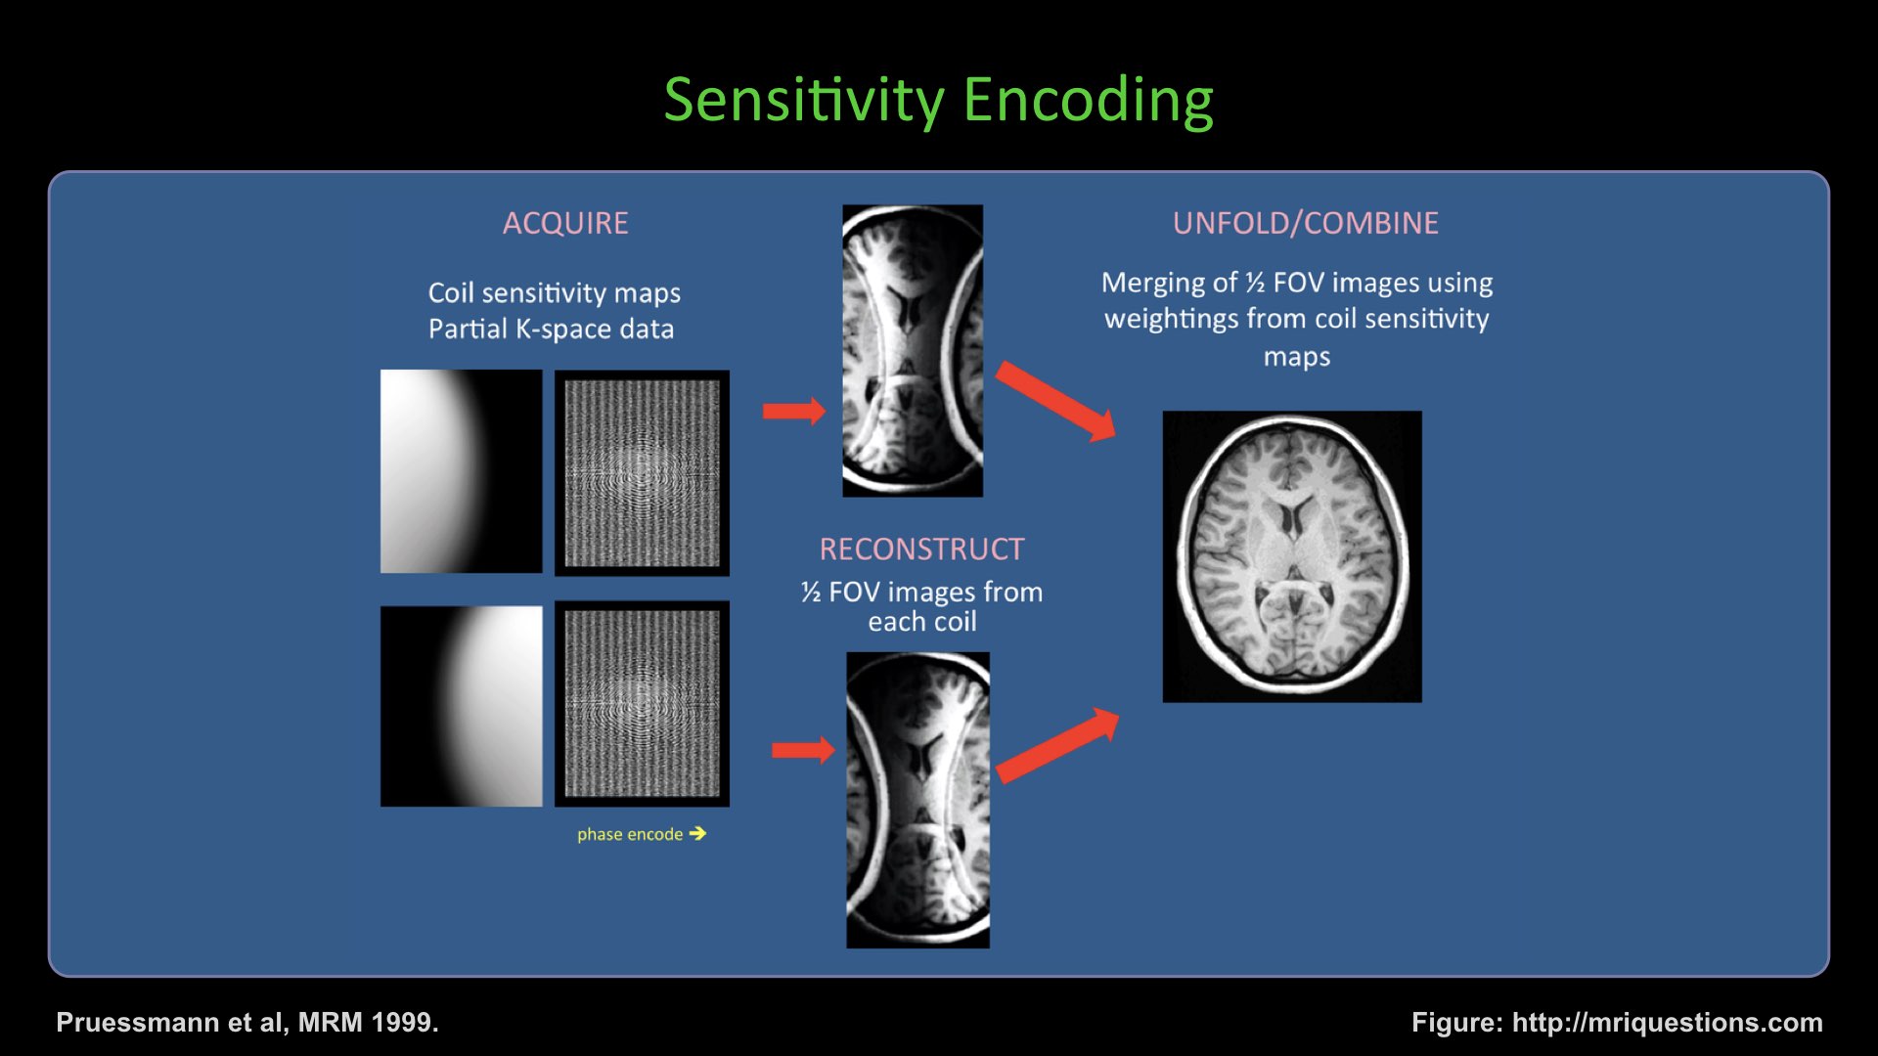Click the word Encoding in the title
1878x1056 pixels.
coord(1088,100)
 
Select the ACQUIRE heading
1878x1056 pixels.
coord(565,223)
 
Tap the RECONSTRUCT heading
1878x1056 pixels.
coord(921,550)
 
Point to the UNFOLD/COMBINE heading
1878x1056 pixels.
coord(1306,223)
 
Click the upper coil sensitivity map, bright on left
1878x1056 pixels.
coord(461,471)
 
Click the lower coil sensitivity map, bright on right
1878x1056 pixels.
coord(461,706)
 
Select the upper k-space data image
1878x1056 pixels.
coord(642,472)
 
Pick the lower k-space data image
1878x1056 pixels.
coord(642,704)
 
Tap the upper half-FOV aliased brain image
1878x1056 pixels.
coord(913,350)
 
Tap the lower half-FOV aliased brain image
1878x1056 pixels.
coord(917,800)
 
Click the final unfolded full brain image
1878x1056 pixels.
coord(1292,556)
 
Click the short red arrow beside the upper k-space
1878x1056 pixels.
coord(793,411)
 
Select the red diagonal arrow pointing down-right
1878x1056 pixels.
coord(1055,401)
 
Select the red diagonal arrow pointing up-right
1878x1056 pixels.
coord(1057,745)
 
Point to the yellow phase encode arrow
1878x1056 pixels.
coord(697,833)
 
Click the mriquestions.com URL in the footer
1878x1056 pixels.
coord(1667,1022)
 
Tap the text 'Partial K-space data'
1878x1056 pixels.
coord(551,330)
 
